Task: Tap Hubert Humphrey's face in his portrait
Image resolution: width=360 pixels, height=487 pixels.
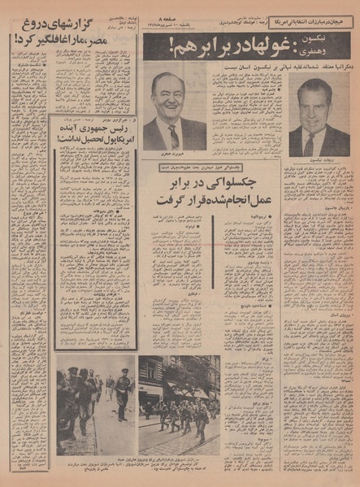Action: tap(171, 105)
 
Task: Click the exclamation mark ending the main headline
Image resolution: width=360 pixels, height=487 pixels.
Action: tap(149, 50)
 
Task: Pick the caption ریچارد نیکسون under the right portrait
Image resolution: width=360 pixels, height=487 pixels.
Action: tap(319, 162)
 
